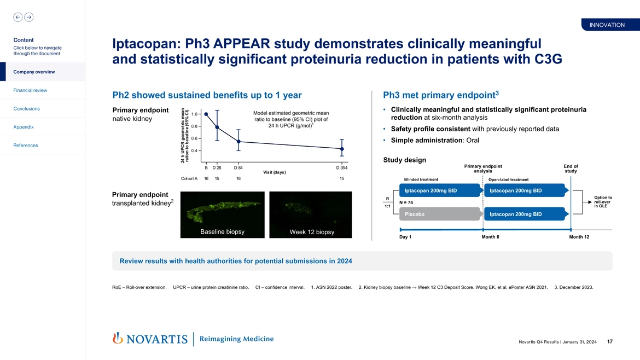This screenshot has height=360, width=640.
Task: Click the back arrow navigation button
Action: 18,17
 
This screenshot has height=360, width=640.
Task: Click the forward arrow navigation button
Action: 28,17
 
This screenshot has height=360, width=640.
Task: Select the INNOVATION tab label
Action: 607,25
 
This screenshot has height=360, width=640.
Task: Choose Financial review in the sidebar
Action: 30,90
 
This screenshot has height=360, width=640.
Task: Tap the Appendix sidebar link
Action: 23,127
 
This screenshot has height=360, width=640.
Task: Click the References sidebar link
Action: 26,146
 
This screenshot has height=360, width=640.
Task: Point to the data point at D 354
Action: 342,149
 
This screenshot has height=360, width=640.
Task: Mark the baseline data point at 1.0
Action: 206,114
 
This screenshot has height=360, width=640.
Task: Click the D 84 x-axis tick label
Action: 238,167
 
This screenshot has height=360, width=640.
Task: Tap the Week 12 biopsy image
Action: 310,214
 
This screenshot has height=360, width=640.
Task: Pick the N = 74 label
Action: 406,202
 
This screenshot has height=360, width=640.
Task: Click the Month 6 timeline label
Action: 490,237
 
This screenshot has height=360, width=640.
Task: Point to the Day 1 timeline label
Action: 406,237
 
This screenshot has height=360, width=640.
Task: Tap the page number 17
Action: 609,342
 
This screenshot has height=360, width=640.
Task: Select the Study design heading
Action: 405,160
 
